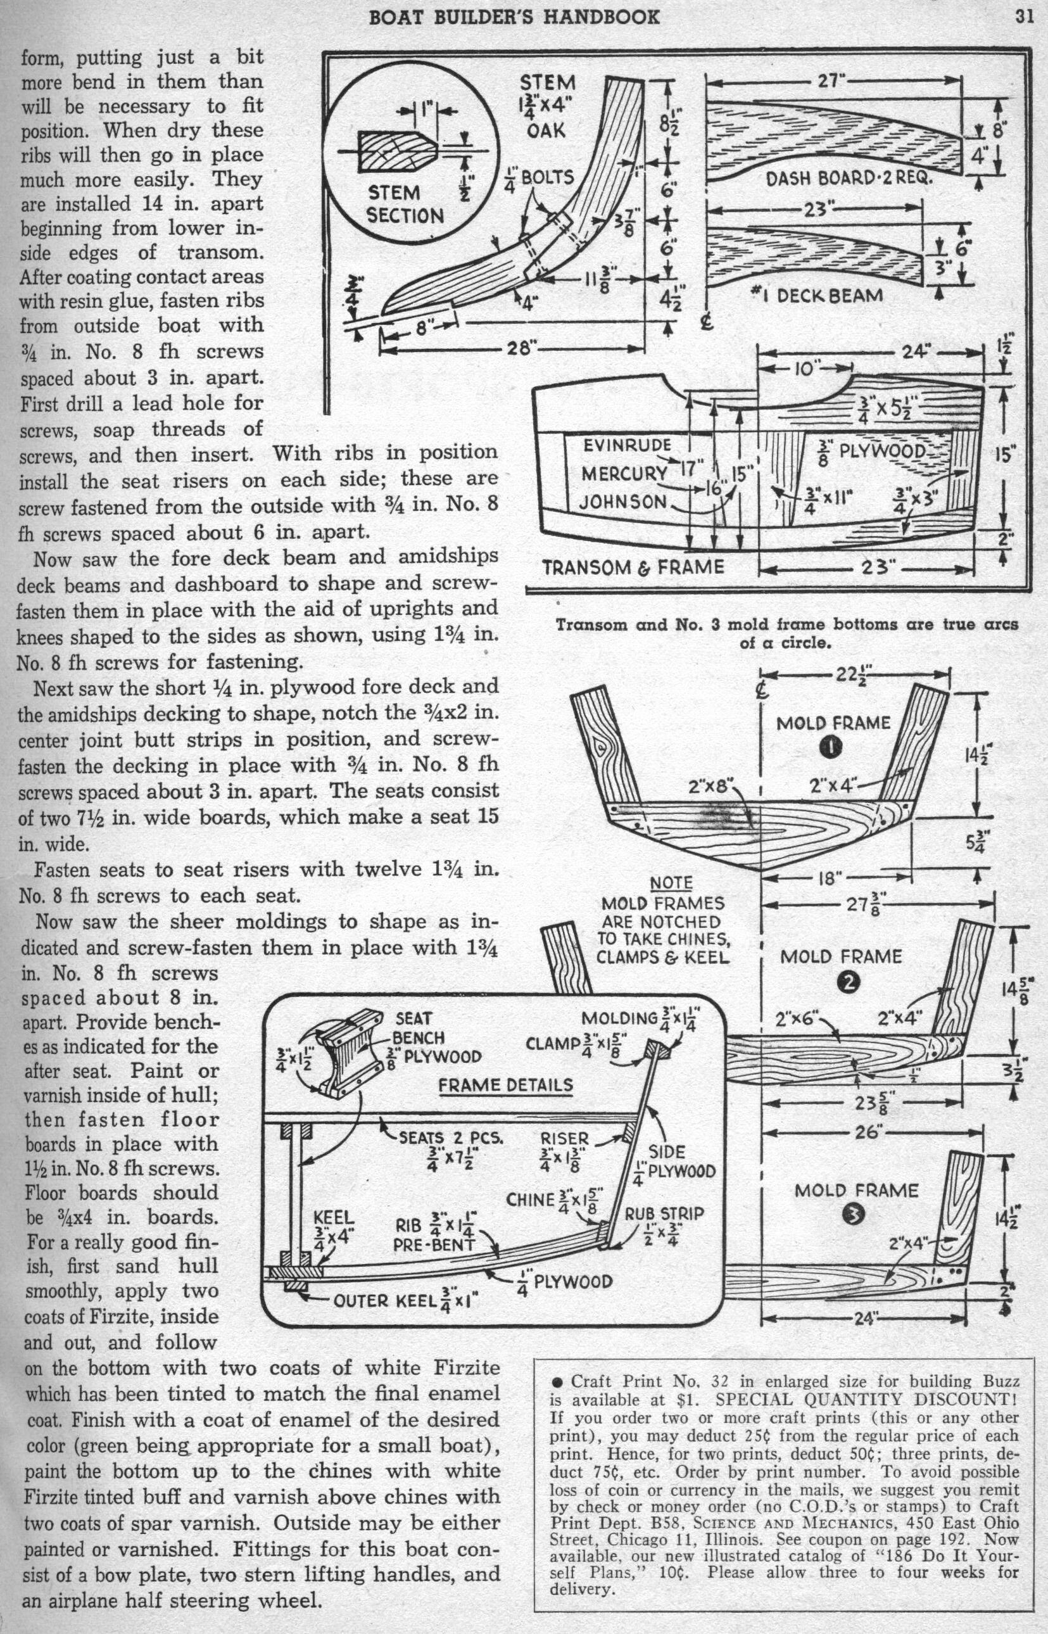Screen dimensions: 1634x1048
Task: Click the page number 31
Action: [x=1023, y=16]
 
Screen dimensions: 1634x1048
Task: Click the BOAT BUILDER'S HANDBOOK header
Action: [x=514, y=16]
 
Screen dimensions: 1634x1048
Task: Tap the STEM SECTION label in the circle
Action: [x=404, y=204]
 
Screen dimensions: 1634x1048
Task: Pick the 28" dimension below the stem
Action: [x=523, y=349]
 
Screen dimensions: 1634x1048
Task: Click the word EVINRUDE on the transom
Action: [x=627, y=446]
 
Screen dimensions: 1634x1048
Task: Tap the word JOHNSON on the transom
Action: [x=622, y=502]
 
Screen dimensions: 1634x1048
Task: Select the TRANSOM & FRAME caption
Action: [x=633, y=566]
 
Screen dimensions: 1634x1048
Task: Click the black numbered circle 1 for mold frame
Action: [x=830, y=747]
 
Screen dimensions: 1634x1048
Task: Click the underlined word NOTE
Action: [x=671, y=883]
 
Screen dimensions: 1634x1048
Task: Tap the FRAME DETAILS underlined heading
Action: [x=505, y=1085]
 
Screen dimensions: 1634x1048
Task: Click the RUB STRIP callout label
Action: [x=664, y=1213]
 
